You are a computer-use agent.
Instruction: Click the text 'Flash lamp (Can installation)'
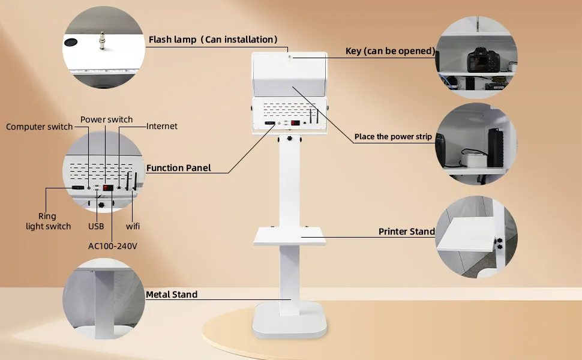point(213,40)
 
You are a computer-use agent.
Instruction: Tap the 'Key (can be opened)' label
point(390,51)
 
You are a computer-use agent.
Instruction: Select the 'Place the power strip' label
point(393,137)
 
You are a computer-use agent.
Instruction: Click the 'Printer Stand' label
point(406,232)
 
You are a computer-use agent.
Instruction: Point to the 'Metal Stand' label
point(172,295)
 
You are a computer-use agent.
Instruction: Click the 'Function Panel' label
point(179,168)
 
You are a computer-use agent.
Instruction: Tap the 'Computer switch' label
point(39,127)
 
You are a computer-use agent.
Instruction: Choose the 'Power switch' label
point(107,119)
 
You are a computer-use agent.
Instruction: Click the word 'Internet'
point(162,127)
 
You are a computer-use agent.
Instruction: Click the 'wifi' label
point(133,226)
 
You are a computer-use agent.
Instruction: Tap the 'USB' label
point(96,226)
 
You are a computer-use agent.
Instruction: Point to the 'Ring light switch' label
point(48,221)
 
